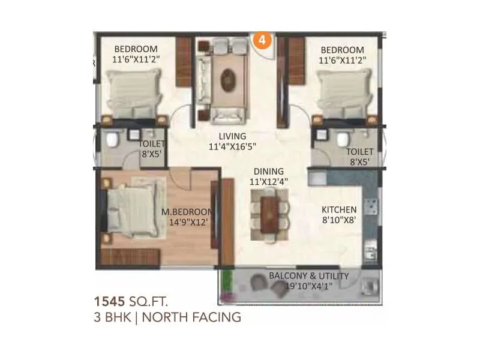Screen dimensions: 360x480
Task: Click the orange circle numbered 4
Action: [x=262, y=40]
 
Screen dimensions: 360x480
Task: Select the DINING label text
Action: [x=264, y=170]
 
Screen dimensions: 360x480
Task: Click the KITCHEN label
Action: [x=339, y=209]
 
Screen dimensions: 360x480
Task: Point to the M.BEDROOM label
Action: [x=188, y=212]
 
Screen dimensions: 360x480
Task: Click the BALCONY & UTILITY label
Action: [x=308, y=275]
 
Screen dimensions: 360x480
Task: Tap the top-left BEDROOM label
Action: [x=136, y=49]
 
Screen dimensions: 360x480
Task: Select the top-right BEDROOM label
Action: [x=342, y=49]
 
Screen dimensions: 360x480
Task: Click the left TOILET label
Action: [x=152, y=144]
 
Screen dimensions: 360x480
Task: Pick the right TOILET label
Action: [x=360, y=152]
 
